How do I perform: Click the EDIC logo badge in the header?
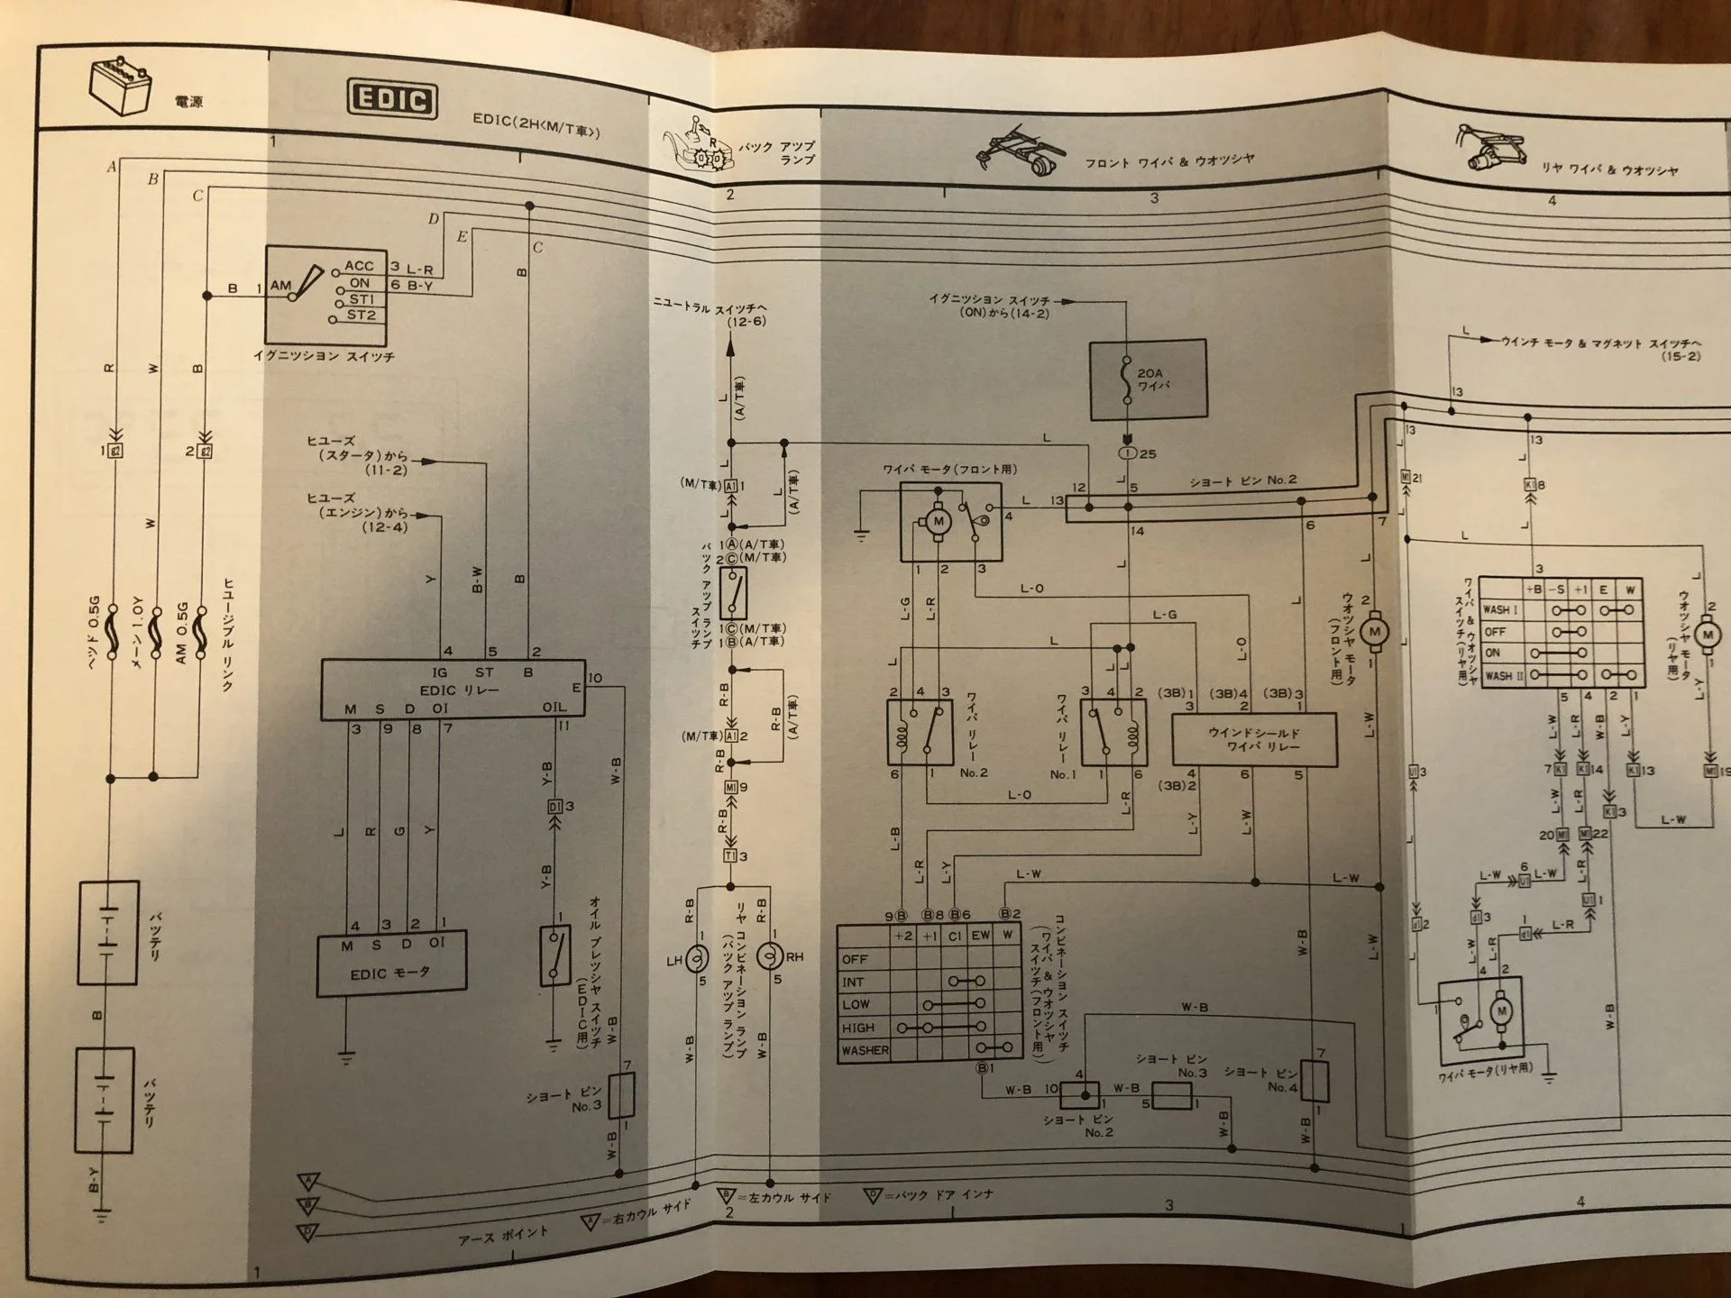tap(392, 99)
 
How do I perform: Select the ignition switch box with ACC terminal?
tap(325, 297)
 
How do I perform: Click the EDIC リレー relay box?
tap(453, 690)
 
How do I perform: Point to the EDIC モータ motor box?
tap(390, 963)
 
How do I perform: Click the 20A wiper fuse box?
tap(1148, 379)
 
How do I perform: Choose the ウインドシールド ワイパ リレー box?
tap(1254, 740)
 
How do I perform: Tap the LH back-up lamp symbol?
tap(697, 959)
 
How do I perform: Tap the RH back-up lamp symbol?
tap(769, 956)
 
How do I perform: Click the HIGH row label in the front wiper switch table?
tap(858, 1028)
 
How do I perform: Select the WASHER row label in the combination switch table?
tap(865, 1050)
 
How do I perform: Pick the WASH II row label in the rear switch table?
tap(1499, 675)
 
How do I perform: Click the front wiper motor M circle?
tap(938, 521)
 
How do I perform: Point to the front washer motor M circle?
tap(1374, 632)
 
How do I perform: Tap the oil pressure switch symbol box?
tap(554, 955)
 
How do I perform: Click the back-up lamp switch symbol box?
tap(733, 592)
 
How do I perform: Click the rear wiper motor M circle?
tap(1501, 1011)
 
